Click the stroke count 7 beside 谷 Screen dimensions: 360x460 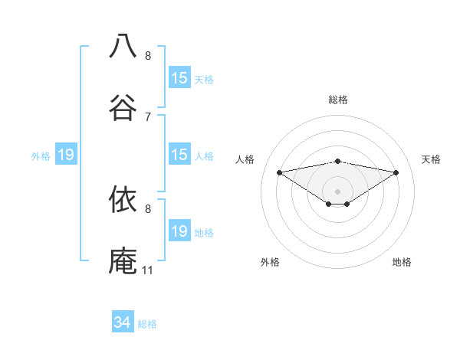[x=148, y=116]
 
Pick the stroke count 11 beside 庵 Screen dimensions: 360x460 [x=147, y=270]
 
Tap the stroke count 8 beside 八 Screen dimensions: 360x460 [x=148, y=55]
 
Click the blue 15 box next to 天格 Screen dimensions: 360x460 [x=179, y=78]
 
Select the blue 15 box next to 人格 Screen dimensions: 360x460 [x=179, y=155]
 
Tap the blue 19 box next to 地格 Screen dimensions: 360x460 [x=179, y=231]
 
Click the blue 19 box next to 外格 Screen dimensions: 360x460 [x=66, y=155]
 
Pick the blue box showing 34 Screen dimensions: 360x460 [x=123, y=322]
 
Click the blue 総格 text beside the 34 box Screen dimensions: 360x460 [x=147, y=324]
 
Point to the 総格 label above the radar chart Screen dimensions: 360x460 [x=338, y=100]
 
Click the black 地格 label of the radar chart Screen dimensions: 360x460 [x=402, y=262]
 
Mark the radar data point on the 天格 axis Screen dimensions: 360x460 [x=396, y=172]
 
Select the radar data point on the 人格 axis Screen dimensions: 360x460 [x=279, y=172]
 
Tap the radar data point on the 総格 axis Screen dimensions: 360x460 [x=338, y=161]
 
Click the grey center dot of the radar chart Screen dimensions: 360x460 [x=338, y=191]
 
